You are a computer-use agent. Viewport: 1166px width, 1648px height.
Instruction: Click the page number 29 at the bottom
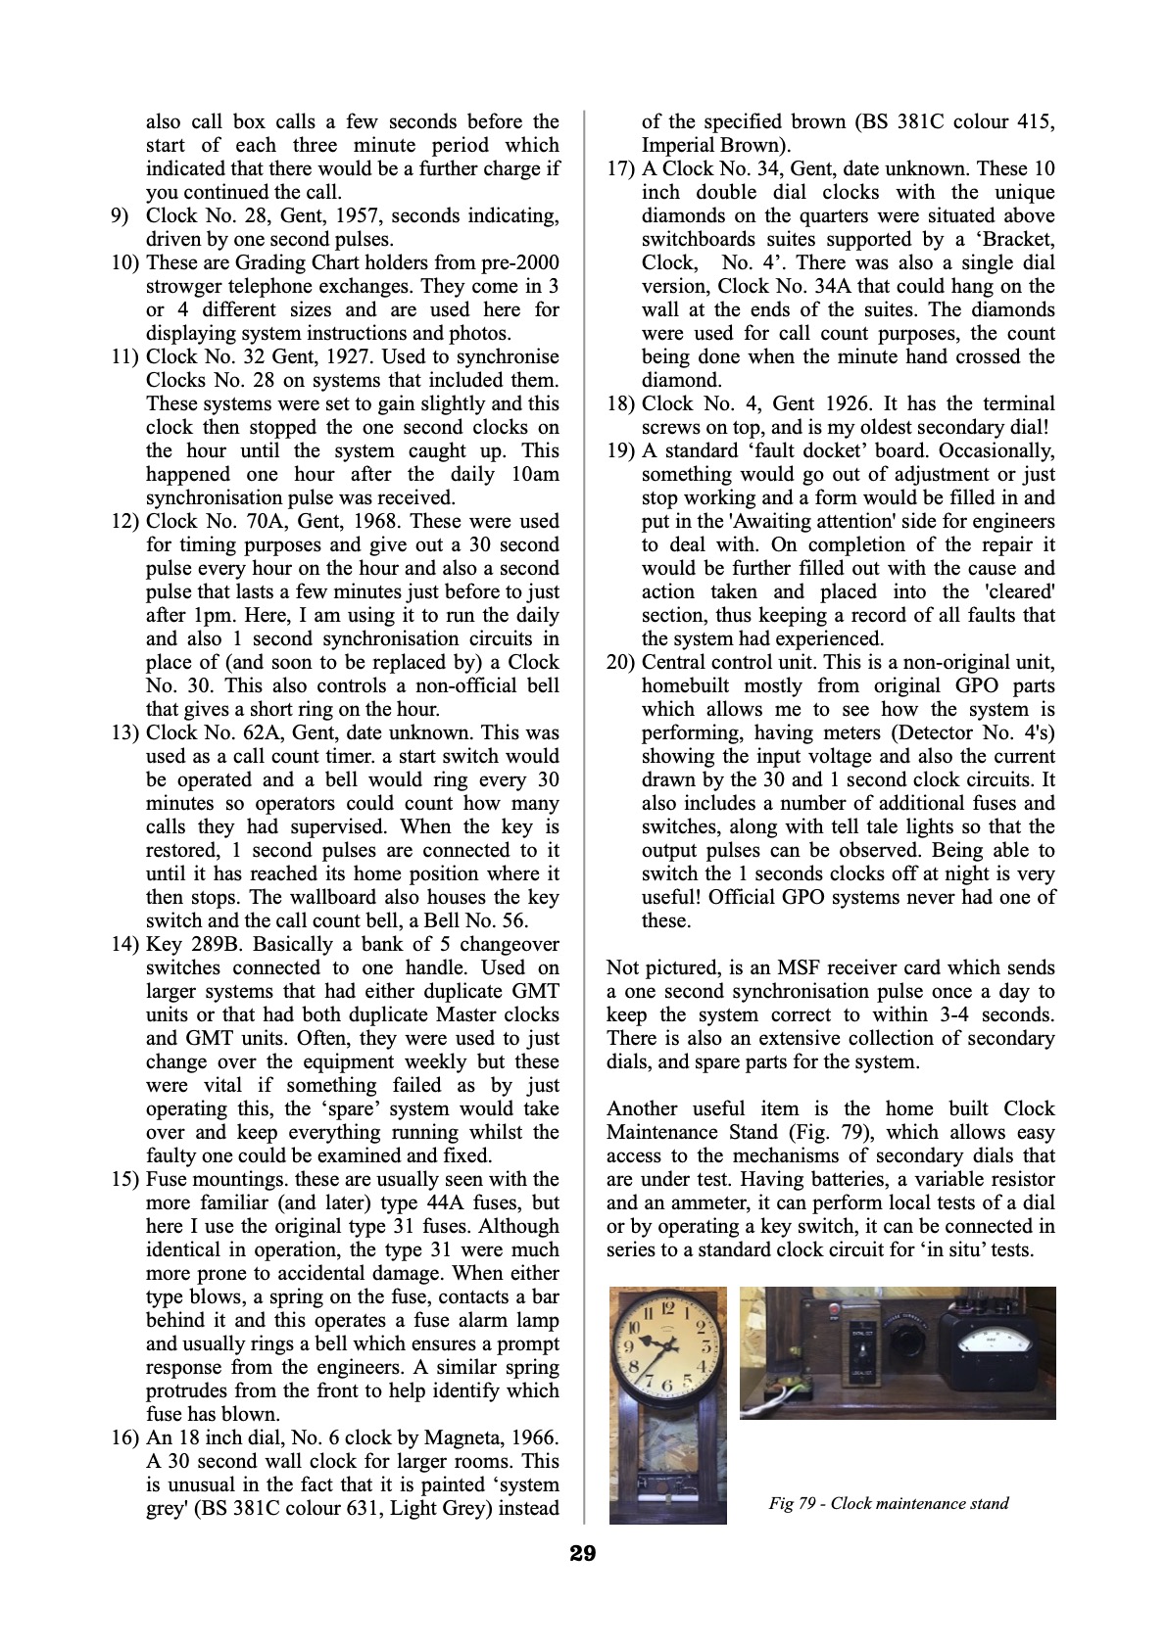point(582,1552)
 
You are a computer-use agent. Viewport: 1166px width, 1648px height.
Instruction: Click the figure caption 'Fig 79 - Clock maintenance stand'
point(889,1503)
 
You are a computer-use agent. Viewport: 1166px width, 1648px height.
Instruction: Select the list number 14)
point(126,944)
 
